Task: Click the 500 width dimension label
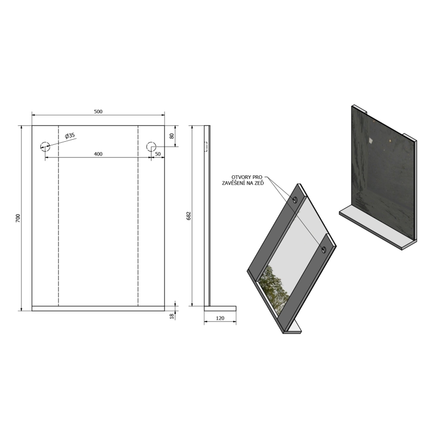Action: (98, 112)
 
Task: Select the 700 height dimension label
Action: (18, 217)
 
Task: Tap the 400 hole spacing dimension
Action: (98, 154)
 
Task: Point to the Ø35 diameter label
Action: (70, 135)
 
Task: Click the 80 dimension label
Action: (172, 136)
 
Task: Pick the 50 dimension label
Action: (158, 154)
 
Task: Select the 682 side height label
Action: (188, 216)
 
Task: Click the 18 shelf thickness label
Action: (171, 316)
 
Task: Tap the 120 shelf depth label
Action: (220, 318)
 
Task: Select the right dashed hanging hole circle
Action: (151, 147)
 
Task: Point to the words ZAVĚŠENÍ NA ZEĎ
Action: (242, 183)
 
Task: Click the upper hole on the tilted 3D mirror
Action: (295, 199)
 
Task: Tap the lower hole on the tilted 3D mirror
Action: (323, 249)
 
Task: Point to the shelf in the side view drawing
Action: (220, 307)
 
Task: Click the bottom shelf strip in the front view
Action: (98, 308)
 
